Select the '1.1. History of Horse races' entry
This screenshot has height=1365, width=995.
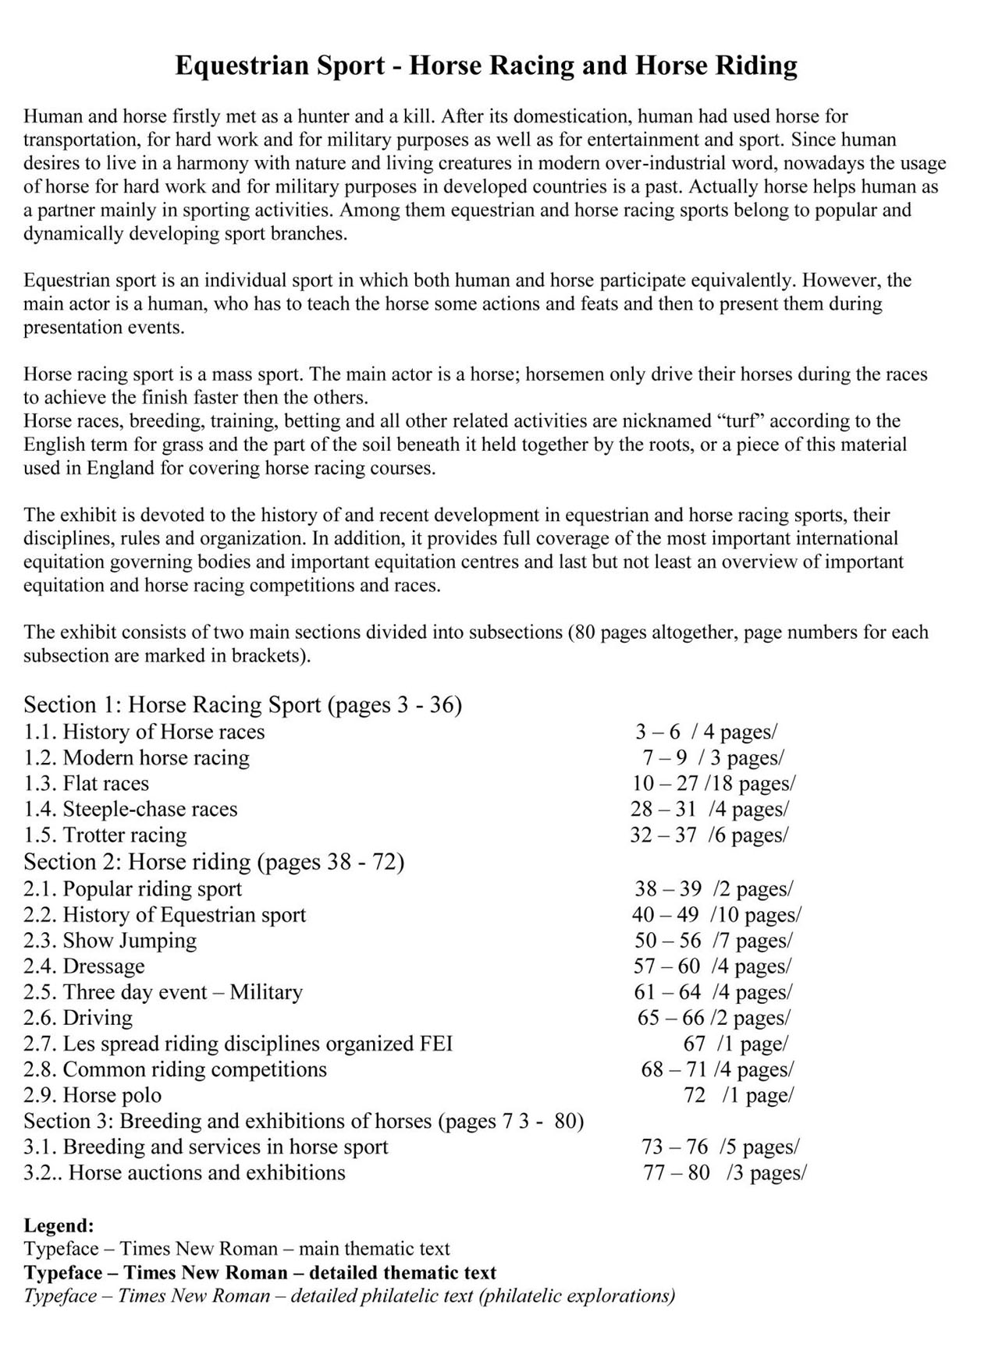[x=144, y=732]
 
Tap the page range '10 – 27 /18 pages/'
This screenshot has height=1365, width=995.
[x=713, y=783]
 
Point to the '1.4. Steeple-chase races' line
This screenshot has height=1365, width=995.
[x=130, y=809]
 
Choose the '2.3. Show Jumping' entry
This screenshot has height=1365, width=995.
[x=110, y=940]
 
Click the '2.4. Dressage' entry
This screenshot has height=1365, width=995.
[x=84, y=966]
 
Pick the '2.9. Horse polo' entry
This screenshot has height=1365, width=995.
[x=93, y=1095]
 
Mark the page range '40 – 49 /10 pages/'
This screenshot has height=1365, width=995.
[x=716, y=914]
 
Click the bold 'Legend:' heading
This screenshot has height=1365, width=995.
[x=59, y=1225]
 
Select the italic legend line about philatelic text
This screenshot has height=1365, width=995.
[x=349, y=1296]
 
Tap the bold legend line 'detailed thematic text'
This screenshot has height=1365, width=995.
[x=260, y=1272]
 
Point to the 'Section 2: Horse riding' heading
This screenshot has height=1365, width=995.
[x=214, y=862]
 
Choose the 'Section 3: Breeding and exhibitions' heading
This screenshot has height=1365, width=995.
[x=304, y=1121]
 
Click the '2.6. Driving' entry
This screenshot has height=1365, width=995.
[x=78, y=1018]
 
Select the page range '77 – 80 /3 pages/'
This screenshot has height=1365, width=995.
[x=724, y=1172]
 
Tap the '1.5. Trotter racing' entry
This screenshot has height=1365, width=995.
[x=105, y=835]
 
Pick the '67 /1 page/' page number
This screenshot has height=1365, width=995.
[x=735, y=1044]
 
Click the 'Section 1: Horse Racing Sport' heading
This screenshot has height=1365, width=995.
[x=243, y=705]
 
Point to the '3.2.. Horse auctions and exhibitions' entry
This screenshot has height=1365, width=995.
[x=184, y=1172]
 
